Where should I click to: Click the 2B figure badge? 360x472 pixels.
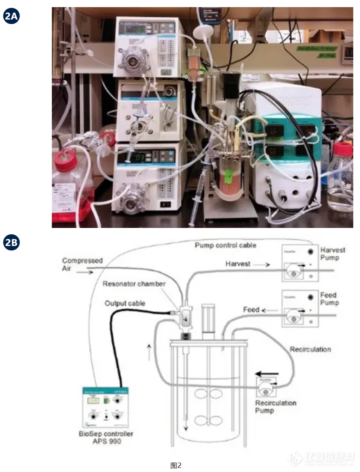(x=11, y=243)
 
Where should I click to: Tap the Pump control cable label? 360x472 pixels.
(x=225, y=245)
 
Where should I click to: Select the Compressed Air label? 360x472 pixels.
(x=82, y=264)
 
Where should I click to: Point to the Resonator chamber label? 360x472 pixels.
(x=134, y=284)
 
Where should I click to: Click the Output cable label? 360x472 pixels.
(x=124, y=303)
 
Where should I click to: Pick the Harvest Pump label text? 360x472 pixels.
(x=333, y=253)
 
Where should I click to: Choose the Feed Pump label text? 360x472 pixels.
(x=329, y=299)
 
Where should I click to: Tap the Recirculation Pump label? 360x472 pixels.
(x=275, y=407)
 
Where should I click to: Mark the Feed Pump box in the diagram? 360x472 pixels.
(x=300, y=308)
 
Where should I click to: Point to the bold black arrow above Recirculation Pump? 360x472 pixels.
(x=267, y=374)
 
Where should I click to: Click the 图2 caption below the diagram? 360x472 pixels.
(x=176, y=466)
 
